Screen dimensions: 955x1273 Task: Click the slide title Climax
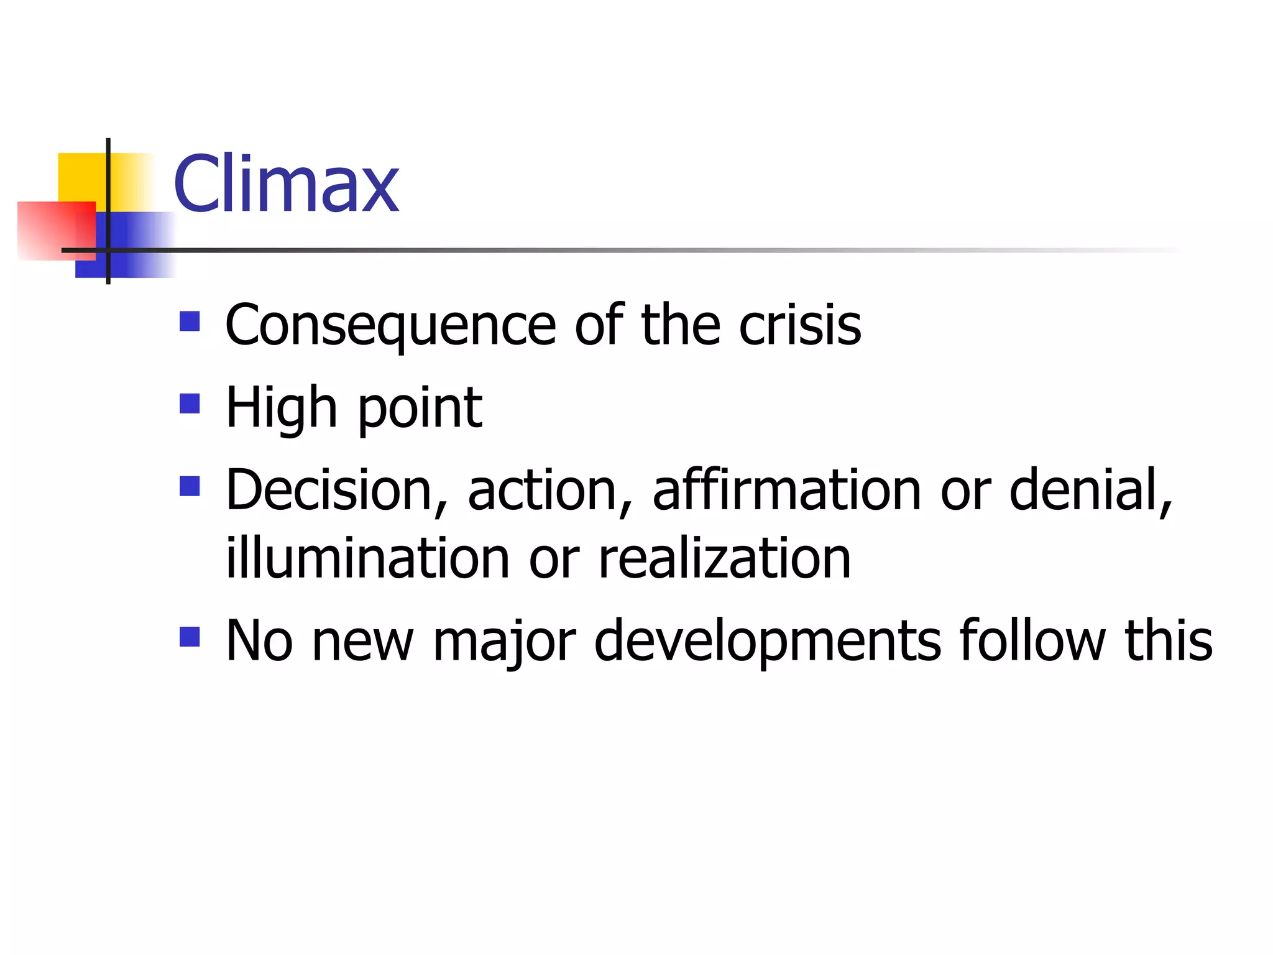286,184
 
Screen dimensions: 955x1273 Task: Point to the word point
420,409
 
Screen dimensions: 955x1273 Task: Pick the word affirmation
787,490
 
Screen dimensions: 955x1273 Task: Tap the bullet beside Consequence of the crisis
190,321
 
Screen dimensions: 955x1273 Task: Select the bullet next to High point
190,404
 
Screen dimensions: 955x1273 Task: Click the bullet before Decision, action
190,486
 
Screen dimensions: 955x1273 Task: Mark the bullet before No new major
190,637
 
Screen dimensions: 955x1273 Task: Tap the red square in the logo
56,230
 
